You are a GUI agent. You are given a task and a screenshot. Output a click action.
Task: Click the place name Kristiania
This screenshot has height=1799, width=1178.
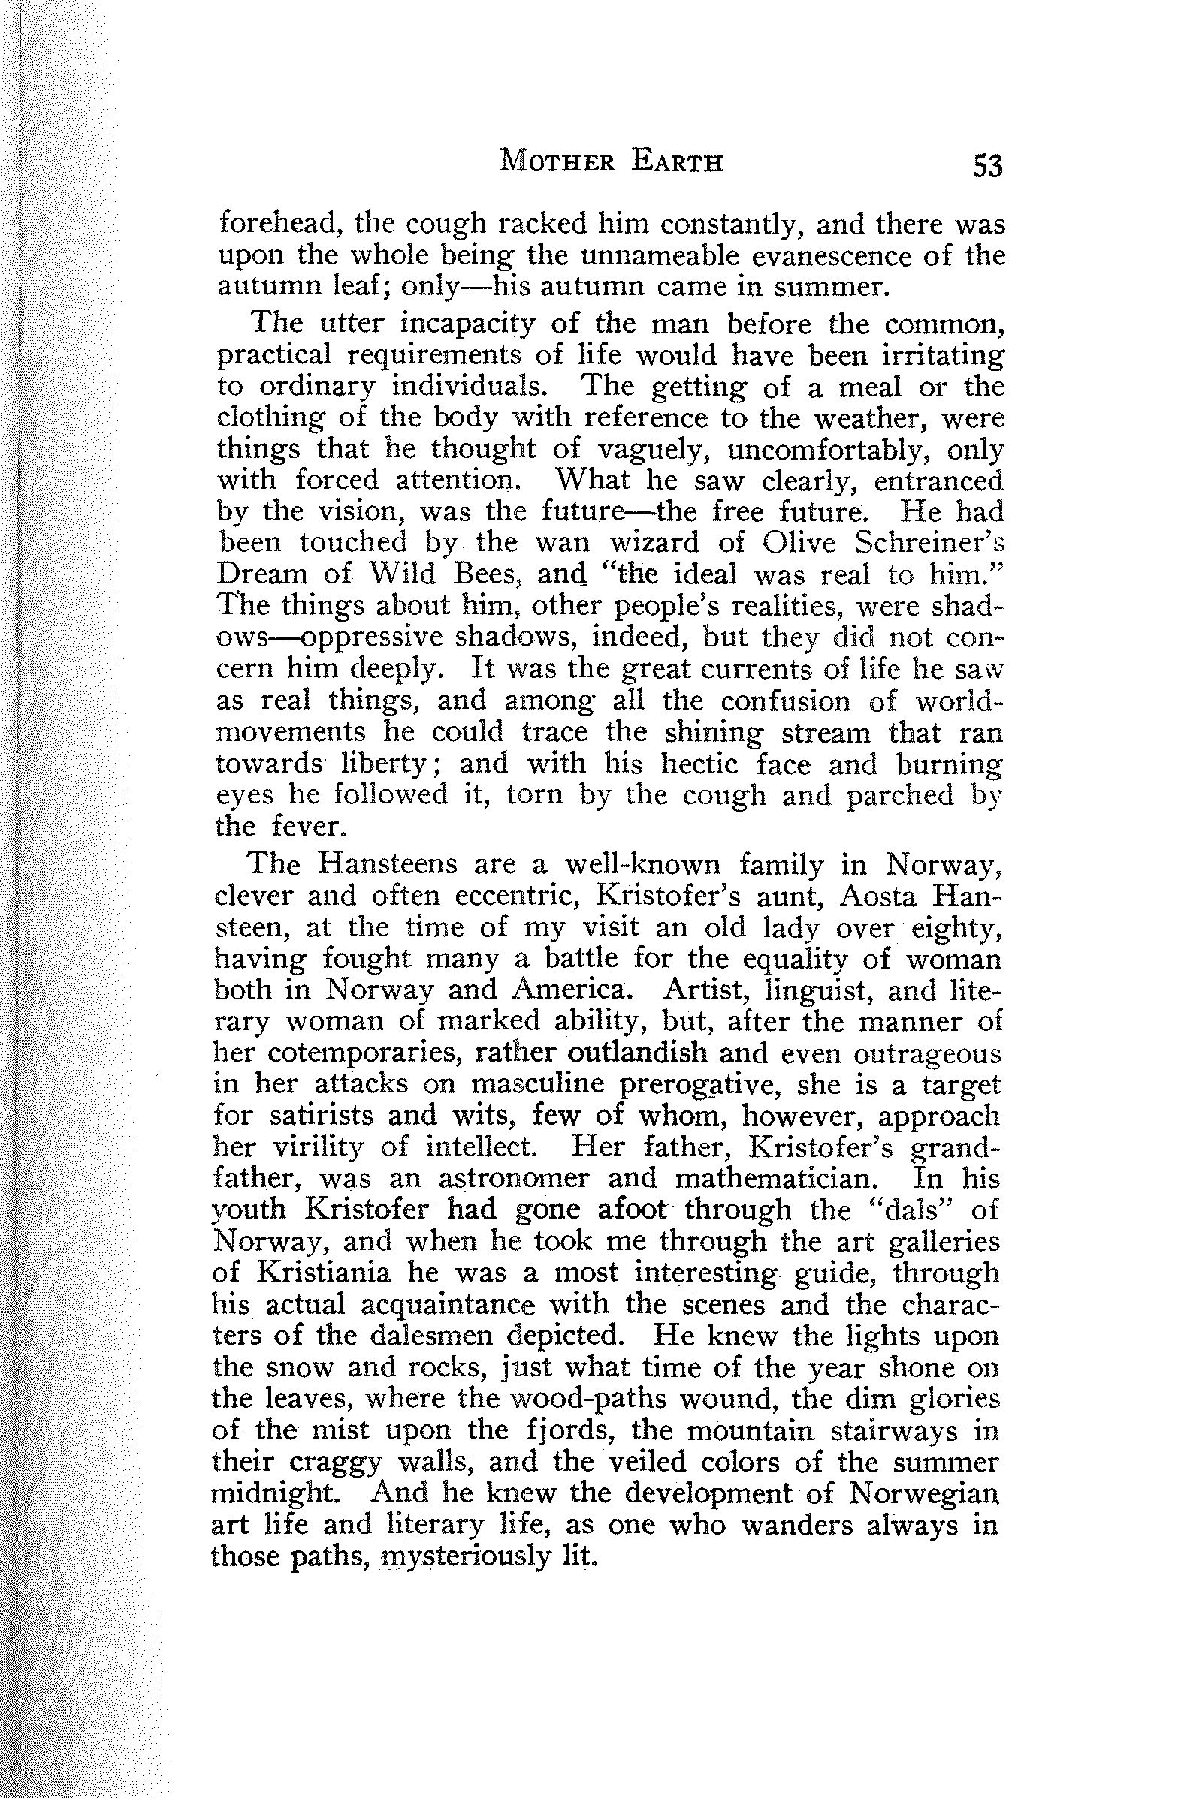[325, 1273]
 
